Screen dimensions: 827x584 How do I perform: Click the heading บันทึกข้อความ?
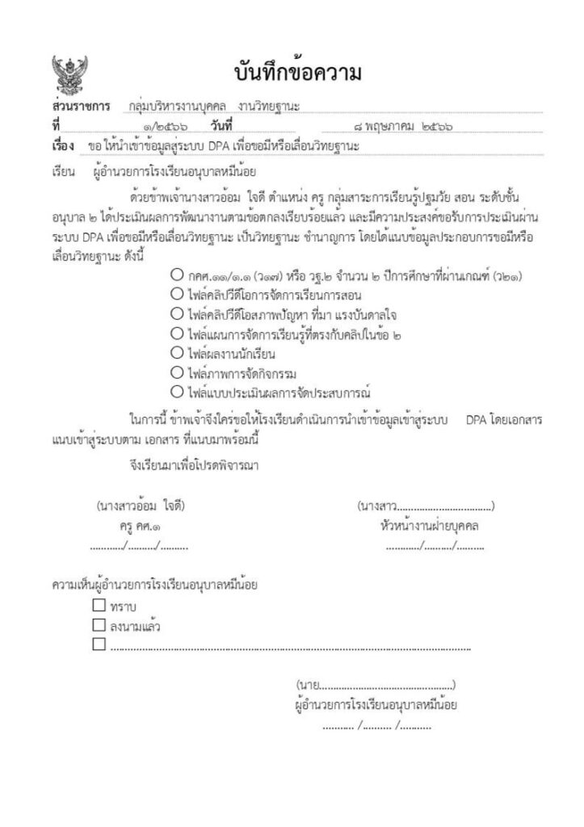pos(298,73)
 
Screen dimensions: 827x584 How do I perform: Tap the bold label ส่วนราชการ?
pos(80,107)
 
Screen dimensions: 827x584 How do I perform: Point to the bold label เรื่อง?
pos(63,146)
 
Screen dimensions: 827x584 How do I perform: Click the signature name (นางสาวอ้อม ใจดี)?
pos(140,506)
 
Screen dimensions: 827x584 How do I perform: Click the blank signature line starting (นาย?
pos(376,685)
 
